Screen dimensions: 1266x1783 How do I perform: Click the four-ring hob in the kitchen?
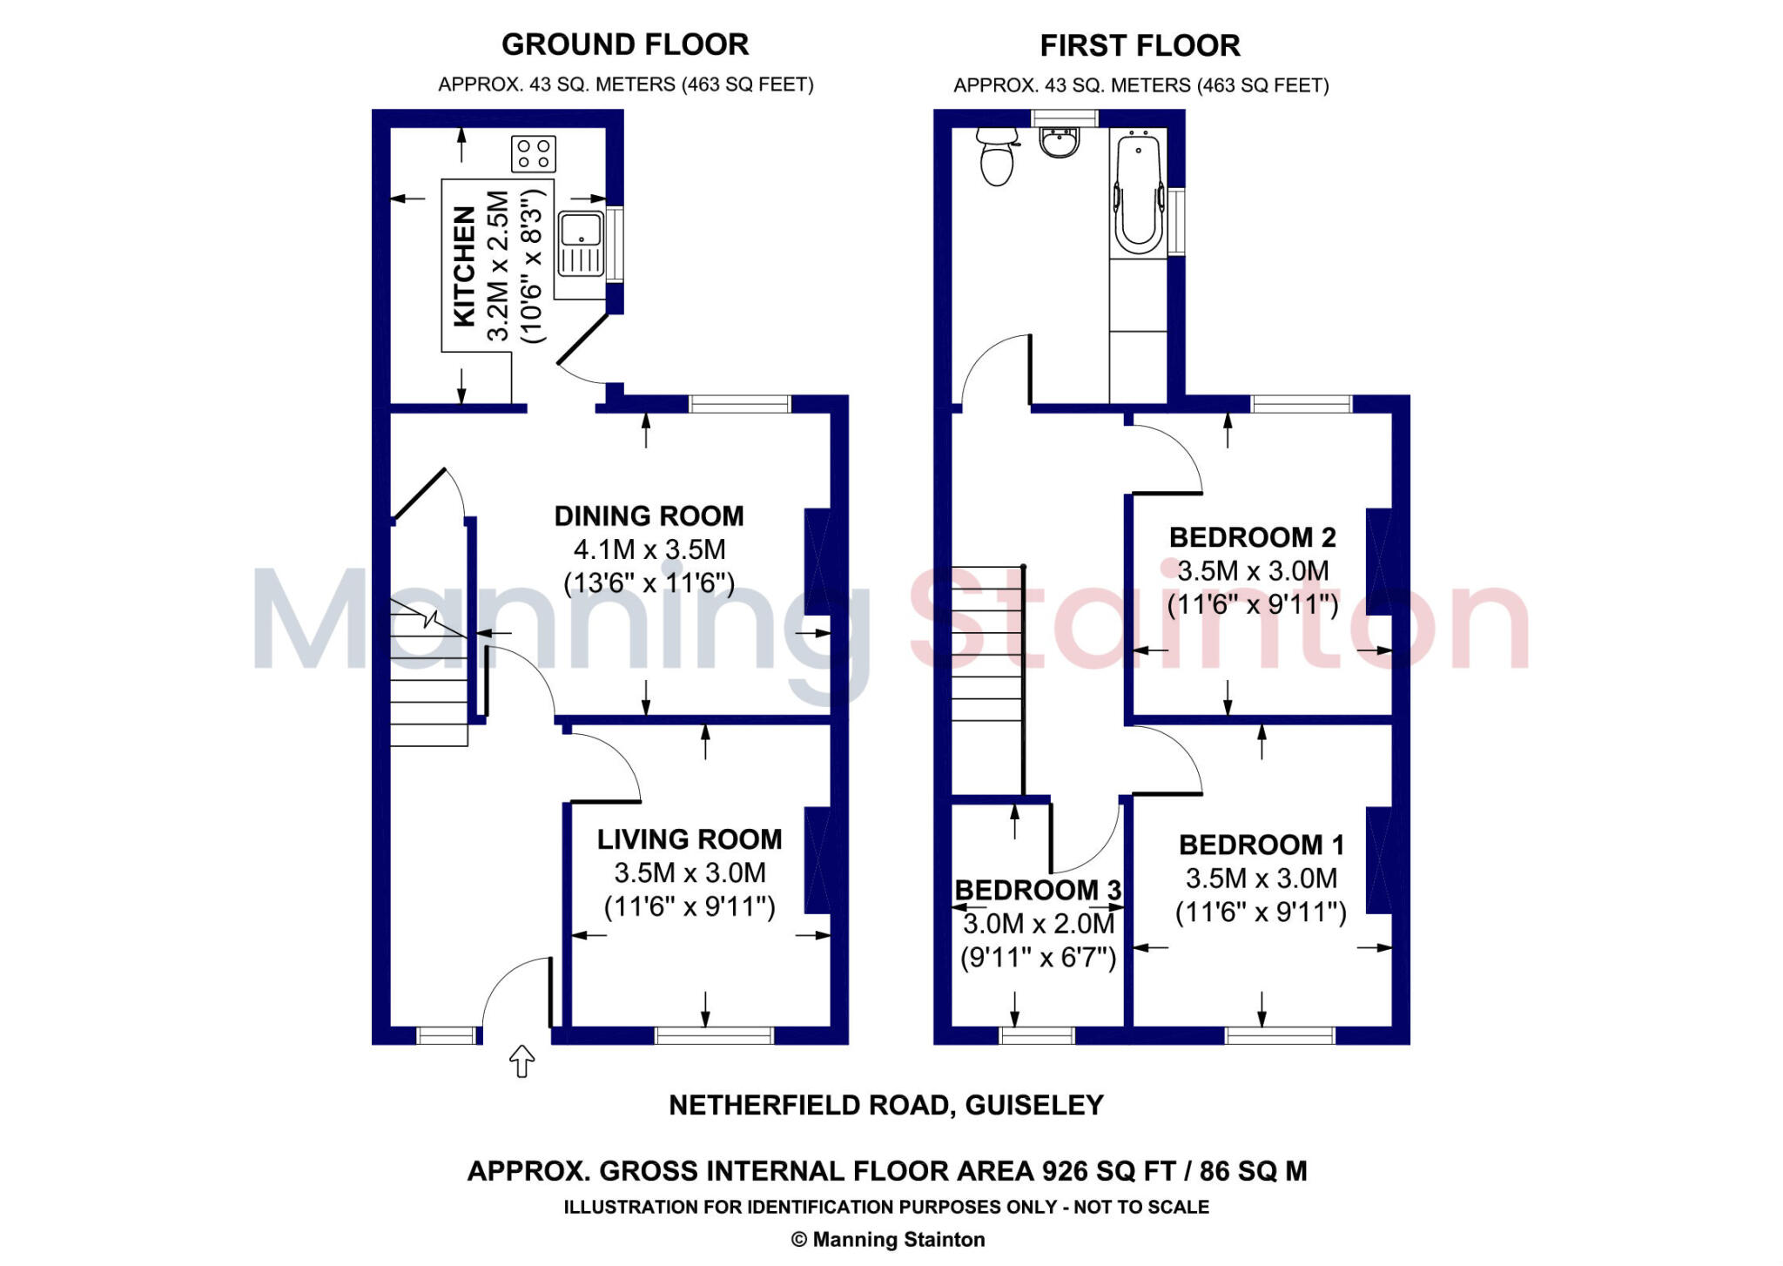tap(533, 154)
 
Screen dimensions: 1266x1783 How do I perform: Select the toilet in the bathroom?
tap(997, 157)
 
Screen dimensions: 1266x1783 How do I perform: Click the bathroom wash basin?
tap(1059, 143)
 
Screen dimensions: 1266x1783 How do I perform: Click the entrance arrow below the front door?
tap(521, 1061)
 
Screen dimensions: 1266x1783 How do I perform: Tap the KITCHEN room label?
tap(465, 266)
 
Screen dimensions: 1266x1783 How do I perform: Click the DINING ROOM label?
tap(649, 516)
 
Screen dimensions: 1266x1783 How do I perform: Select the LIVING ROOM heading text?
tap(689, 839)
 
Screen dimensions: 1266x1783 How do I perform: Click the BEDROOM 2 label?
tap(1252, 537)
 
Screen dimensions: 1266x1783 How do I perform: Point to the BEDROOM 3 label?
tap(1038, 890)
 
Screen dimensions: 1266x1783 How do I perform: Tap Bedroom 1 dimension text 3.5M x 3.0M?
tap(1261, 879)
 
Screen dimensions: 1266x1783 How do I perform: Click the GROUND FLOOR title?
tap(624, 44)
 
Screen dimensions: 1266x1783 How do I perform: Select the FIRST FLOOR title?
tap(1140, 45)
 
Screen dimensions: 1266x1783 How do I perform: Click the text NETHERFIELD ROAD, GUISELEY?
tap(885, 1105)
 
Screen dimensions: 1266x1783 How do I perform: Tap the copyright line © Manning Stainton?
tap(887, 1239)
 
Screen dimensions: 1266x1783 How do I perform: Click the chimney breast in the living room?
tap(817, 860)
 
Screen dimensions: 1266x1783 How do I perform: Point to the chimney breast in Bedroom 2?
tap(1378, 562)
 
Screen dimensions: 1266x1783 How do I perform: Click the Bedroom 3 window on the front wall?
tap(1036, 1035)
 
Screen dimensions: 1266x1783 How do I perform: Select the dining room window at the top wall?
tap(739, 403)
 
